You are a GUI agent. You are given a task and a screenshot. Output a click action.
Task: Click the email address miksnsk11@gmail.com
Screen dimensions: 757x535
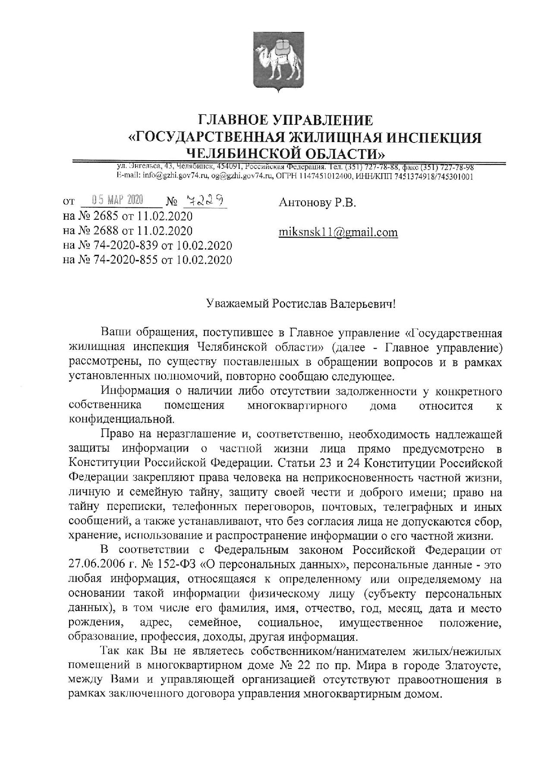coord(338,232)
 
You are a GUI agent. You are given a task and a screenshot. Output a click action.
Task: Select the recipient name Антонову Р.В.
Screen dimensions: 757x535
coord(318,203)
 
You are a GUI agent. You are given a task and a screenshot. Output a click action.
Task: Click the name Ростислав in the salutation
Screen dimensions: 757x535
coord(300,304)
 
